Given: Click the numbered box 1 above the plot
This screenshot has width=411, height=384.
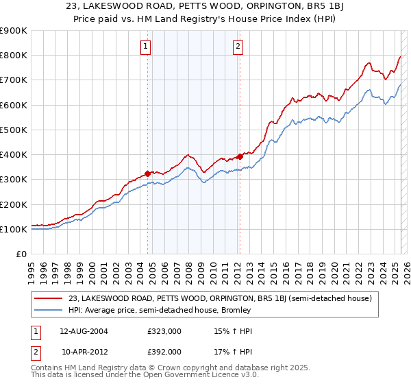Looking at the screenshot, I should (x=147, y=47).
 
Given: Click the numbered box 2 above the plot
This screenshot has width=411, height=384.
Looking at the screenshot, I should (x=238, y=47).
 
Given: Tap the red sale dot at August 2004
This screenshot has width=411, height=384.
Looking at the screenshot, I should (x=147, y=173).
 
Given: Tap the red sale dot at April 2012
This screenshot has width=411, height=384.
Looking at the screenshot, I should (x=240, y=156).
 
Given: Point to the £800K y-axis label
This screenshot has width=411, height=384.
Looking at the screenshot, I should (x=14, y=56).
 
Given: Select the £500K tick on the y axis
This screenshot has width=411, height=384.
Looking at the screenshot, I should (x=14, y=130).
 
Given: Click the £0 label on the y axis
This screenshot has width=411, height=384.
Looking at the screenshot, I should (x=21, y=254).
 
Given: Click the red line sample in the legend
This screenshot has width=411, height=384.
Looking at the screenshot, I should (x=49, y=298).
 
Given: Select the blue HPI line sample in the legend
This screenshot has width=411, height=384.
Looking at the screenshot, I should (x=49, y=310).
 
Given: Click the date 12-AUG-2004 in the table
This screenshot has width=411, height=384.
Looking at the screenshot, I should (x=84, y=331).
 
